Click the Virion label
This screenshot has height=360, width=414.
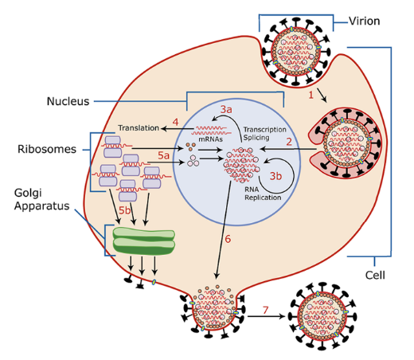[364, 21]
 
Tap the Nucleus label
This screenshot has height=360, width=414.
[68, 101]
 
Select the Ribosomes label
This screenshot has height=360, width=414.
[47, 149]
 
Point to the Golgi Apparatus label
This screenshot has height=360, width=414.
[41, 199]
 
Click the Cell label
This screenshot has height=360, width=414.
[375, 276]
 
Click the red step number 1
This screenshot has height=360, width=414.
[310, 95]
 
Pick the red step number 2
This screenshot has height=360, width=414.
[289, 142]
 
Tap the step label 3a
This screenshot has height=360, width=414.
[226, 109]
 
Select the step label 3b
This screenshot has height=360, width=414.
[275, 176]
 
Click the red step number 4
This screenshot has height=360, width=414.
[175, 122]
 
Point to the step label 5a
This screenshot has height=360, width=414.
[163, 155]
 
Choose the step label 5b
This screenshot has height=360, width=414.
[124, 210]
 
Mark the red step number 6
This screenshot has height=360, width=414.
[228, 239]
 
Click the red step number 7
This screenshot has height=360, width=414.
[265, 310]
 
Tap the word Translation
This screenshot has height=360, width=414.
[139, 128]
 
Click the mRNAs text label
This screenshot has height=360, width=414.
[211, 139]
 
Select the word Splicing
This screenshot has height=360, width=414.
[256, 138]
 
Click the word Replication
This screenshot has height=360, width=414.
[263, 198]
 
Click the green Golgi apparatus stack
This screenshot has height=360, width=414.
[144, 241]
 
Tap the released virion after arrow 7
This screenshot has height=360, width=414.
[322, 316]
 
